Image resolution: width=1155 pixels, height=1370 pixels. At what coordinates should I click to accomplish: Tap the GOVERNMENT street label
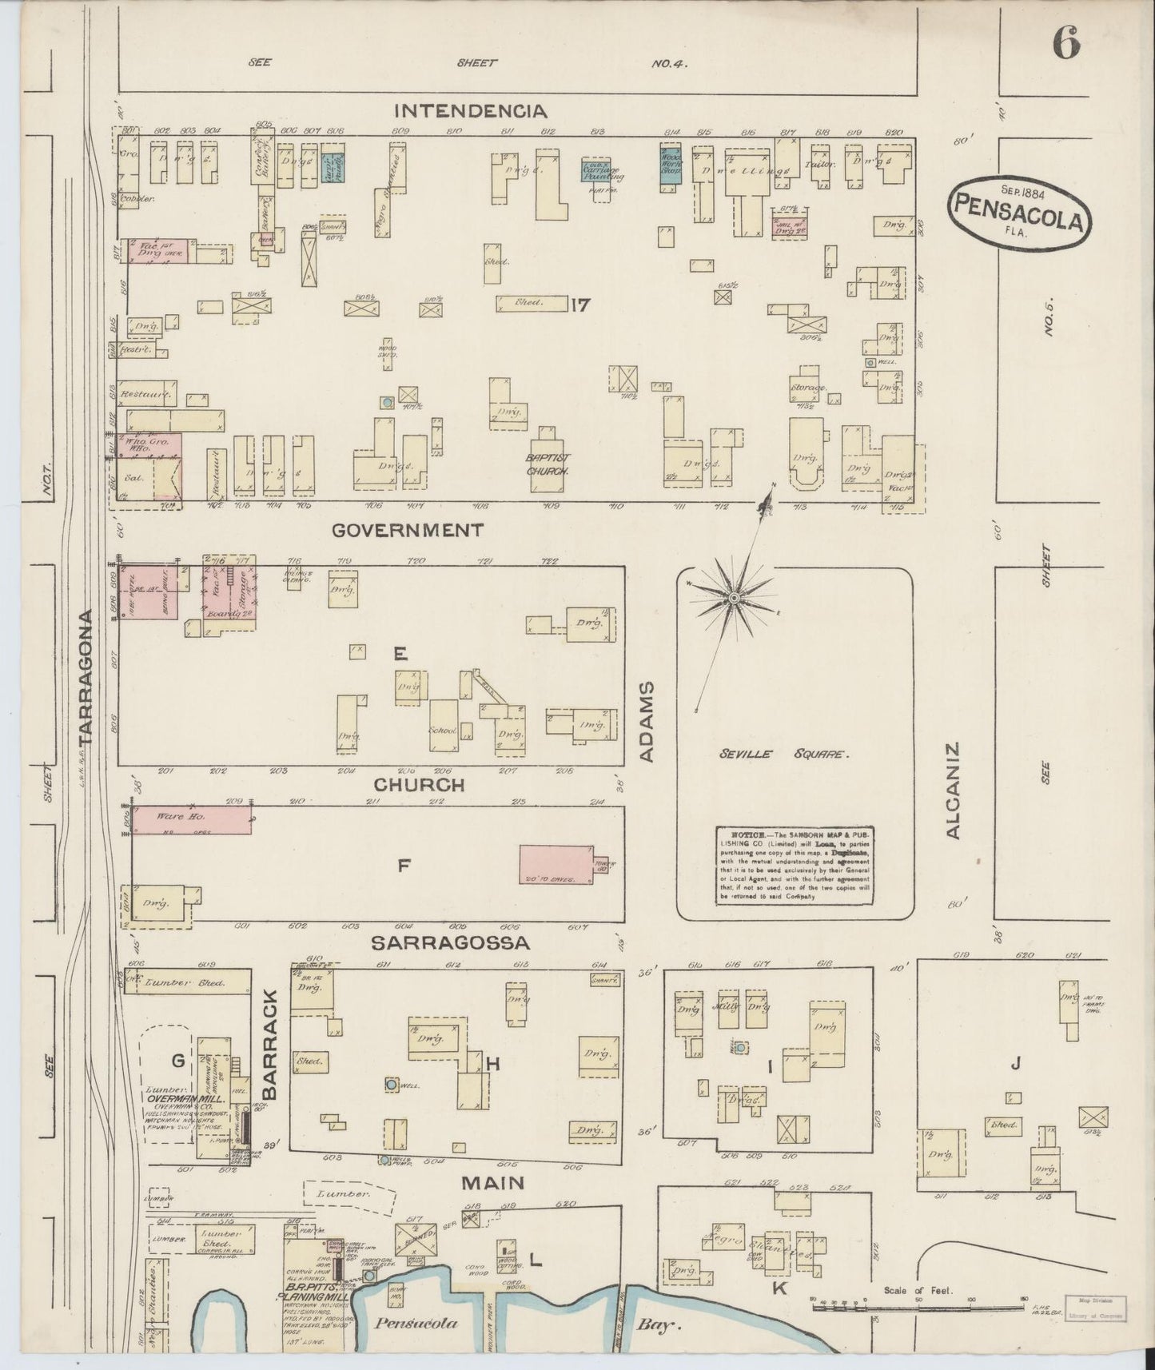408,530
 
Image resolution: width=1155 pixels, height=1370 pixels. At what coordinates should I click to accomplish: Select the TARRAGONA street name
86,676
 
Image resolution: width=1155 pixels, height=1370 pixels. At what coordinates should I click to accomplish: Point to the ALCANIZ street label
953,791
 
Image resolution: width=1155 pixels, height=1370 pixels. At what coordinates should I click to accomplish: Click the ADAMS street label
647,722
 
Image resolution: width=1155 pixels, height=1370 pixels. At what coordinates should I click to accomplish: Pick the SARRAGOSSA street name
450,944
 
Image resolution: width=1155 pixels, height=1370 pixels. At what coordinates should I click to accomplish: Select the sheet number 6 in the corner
1066,42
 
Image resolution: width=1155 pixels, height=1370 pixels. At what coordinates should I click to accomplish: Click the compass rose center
733,598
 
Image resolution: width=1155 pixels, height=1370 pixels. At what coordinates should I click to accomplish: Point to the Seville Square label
783,754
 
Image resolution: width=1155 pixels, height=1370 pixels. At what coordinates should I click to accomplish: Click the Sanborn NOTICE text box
795,865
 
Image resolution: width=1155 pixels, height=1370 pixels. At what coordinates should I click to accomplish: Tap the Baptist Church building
548,458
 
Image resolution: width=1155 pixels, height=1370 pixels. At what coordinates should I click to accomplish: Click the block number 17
580,304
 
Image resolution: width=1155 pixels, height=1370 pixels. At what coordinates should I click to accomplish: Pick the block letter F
404,863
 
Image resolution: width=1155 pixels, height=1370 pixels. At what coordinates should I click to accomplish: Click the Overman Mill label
177,1098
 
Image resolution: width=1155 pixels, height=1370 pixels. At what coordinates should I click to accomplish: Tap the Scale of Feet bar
919,1306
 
